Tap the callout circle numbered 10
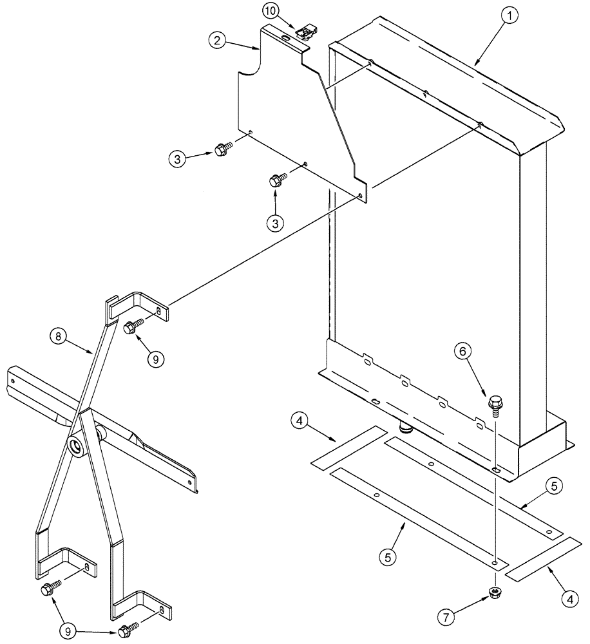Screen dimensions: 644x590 pyautogui.click(x=271, y=11)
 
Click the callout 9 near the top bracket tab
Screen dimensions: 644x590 pyautogui.click(x=154, y=359)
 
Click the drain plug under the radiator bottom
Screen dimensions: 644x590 pyautogui.click(x=406, y=427)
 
